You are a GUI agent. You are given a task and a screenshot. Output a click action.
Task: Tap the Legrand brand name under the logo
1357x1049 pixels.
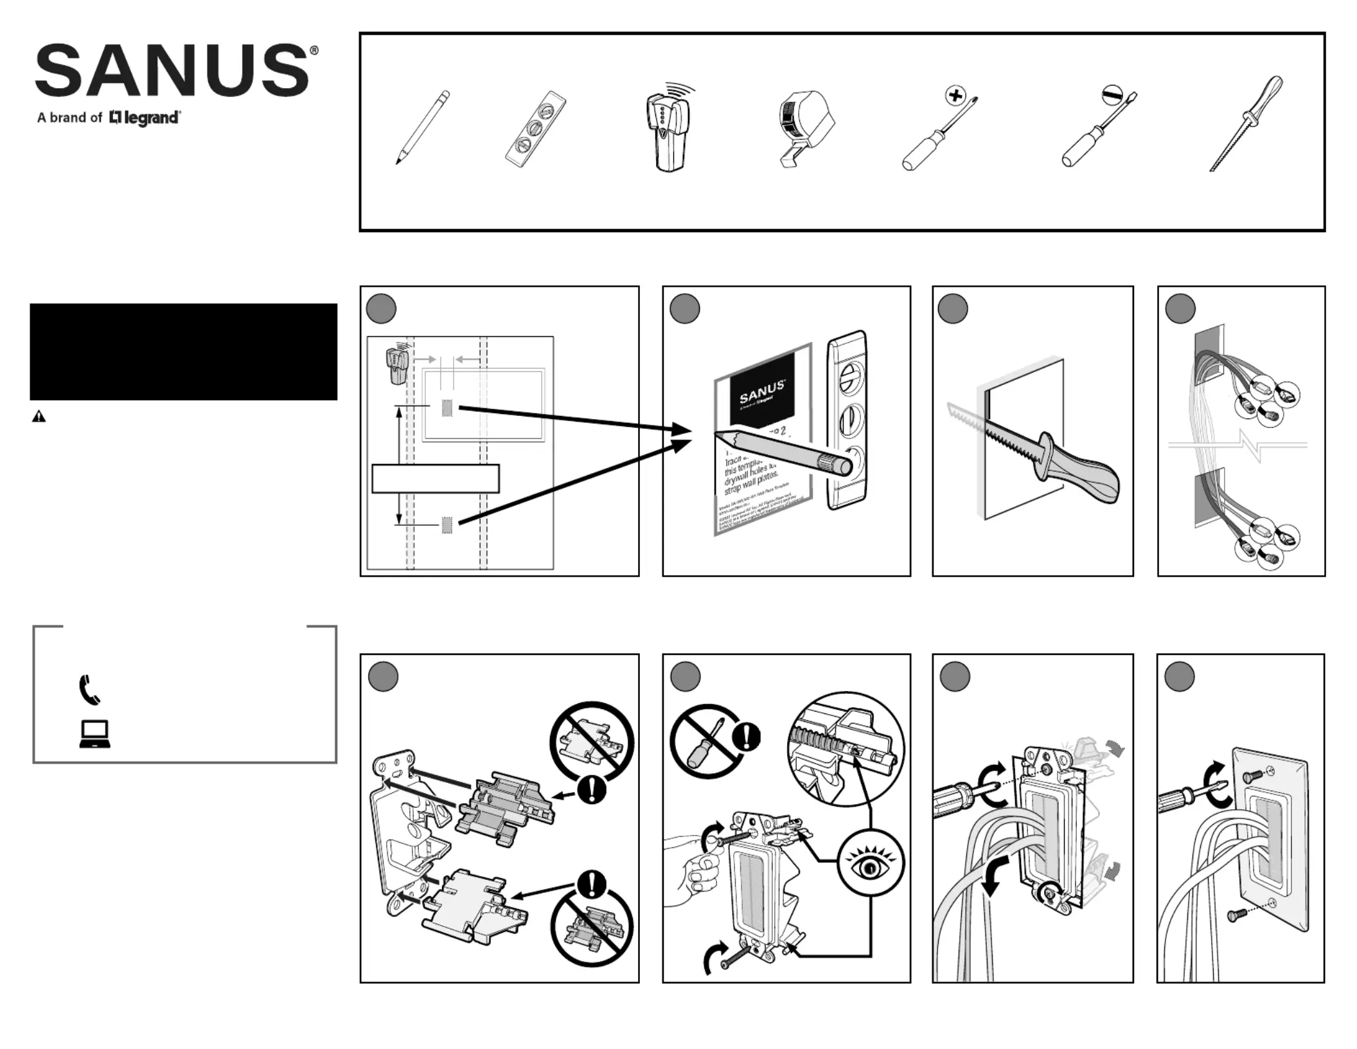tap(145, 118)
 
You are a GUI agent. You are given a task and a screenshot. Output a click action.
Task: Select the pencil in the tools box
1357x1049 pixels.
tap(422, 127)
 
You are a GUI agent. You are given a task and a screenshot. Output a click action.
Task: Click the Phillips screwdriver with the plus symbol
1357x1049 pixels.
tap(939, 132)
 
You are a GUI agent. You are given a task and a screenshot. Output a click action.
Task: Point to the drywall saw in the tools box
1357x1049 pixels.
tap(1246, 122)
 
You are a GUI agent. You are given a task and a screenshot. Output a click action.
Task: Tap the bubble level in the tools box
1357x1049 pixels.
tap(535, 129)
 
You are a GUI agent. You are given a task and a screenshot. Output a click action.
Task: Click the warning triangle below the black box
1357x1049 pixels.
tap(39, 417)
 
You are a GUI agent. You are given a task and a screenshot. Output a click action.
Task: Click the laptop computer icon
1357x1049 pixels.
tap(95, 734)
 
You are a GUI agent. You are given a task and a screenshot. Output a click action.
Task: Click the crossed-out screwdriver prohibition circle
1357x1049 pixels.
tap(707, 740)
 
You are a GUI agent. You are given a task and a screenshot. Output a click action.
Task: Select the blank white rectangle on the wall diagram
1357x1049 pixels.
tap(436, 479)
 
